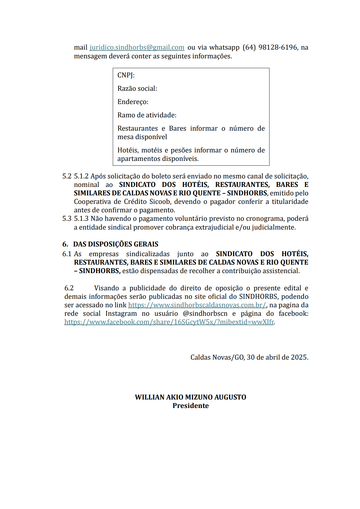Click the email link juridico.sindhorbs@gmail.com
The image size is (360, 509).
click(x=137, y=47)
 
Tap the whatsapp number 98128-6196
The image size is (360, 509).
click(x=278, y=47)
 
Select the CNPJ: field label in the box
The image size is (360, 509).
click(x=126, y=75)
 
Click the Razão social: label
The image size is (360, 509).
click(x=137, y=89)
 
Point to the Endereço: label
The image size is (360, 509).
click(x=133, y=102)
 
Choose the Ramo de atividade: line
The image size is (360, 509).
click(x=147, y=115)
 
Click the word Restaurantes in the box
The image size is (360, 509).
click(x=137, y=129)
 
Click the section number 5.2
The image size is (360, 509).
click(x=67, y=176)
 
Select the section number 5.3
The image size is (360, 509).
click(x=67, y=219)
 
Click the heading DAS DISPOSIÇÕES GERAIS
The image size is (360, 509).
click(x=116, y=244)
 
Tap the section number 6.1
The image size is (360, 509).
click(x=67, y=254)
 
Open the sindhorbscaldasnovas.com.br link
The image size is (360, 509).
click(x=197, y=305)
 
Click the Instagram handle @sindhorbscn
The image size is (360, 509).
click(x=205, y=314)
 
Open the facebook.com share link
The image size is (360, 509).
click(x=169, y=322)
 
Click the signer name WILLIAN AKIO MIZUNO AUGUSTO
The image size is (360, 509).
click(x=190, y=397)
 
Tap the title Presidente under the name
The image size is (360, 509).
click(x=190, y=406)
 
